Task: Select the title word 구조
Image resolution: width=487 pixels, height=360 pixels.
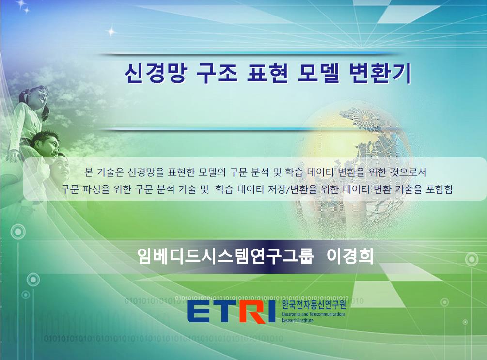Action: click(x=217, y=73)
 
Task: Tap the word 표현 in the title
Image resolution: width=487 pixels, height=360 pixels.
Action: click(x=267, y=73)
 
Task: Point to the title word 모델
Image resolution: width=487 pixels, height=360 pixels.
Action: click(x=319, y=73)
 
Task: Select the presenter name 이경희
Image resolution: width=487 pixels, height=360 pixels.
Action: click(x=350, y=256)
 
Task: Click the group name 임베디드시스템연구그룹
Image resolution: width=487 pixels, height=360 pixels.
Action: click(x=225, y=256)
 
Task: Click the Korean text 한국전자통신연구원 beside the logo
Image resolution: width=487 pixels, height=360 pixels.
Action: click(x=314, y=305)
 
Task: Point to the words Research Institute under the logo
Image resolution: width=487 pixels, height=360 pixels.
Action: click(x=298, y=320)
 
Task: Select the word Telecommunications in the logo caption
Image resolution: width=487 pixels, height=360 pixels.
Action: click(x=327, y=314)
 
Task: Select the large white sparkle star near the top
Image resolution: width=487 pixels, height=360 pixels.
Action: click(x=111, y=31)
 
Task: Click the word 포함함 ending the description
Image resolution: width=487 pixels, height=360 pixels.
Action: click(x=439, y=189)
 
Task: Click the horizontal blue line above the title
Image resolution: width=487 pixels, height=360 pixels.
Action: click(x=245, y=54)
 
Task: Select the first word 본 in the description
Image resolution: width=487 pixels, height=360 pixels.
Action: click(x=89, y=172)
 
